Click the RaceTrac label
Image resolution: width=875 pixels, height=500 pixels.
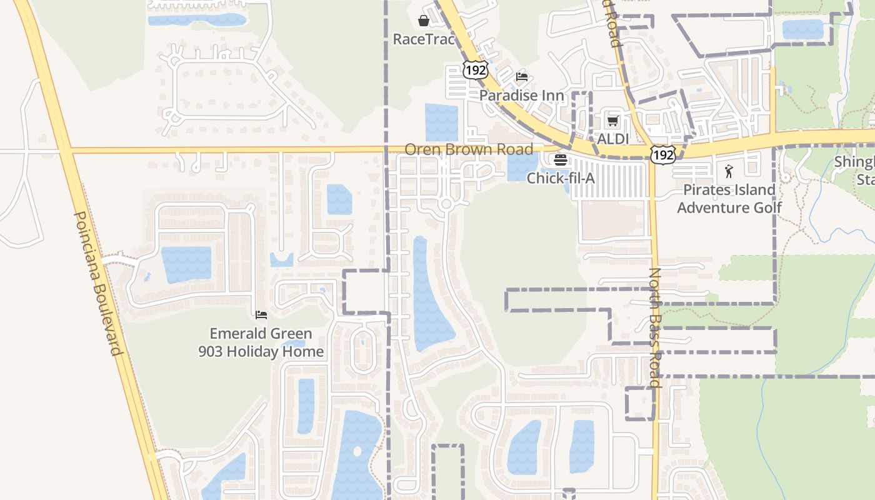[423, 39]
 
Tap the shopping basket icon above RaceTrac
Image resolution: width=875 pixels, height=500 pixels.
[424, 20]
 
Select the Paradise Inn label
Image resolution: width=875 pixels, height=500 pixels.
[521, 96]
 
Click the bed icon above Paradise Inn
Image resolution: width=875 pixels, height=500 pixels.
[522, 77]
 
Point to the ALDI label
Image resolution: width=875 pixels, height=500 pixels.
[613, 139]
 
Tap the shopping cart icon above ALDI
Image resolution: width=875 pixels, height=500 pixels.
[613, 121]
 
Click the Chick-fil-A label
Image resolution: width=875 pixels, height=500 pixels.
[561, 178]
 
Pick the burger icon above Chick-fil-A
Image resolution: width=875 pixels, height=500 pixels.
[561, 160]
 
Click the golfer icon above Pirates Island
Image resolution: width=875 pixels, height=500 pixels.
[729, 171]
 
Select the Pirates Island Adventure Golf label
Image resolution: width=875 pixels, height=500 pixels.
[729, 199]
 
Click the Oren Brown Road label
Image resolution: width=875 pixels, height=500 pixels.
[469, 149]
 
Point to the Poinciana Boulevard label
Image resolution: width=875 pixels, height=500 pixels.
[98, 283]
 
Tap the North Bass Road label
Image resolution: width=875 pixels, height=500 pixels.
[654, 327]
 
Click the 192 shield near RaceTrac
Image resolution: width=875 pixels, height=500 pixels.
[475, 70]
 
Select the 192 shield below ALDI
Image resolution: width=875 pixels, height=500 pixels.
[662, 154]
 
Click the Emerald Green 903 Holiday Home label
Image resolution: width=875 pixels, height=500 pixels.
[261, 342]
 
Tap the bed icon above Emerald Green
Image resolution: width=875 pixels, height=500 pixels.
[261, 314]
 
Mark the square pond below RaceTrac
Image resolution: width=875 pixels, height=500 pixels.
[441, 122]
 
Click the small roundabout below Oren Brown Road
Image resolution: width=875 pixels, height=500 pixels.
[446, 204]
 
